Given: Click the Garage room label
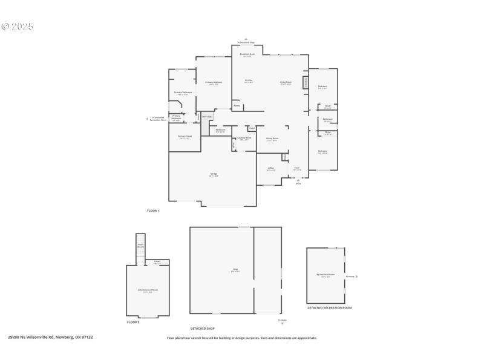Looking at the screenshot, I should pyautogui.click(x=214, y=174).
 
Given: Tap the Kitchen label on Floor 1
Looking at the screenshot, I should pyautogui.click(x=248, y=81).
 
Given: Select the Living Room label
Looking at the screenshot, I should pyautogui.click(x=286, y=82).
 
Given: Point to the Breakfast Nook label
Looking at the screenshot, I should pyautogui.click(x=247, y=54).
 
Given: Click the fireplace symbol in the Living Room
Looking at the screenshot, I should pyautogui.click(x=306, y=82).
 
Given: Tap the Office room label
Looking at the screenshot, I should pyautogui.click(x=271, y=169).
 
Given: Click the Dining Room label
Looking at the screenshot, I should pyautogui.click(x=272, y=139).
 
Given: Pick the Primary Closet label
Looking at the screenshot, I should pyautogui.click(x=185, y=137).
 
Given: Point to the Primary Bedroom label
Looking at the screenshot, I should pyautogui.click(x=214, y=83).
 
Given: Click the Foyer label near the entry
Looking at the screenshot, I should pyautogui.click(x=296, y=169).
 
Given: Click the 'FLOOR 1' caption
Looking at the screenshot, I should pyautogui.click(x=153, y=211).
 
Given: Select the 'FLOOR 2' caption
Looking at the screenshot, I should pyautogui.click(x=133, y=322).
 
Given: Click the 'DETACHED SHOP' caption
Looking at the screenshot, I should pyautogui.click(x=203, y=329).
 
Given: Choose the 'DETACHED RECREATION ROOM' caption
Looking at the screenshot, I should pyautogui.click(x=329, y=308).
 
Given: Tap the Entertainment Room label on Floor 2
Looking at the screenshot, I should pyautogui.click(x=148, y=290).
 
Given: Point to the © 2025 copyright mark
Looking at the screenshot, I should pyautogui.click(x=18, y=27).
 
